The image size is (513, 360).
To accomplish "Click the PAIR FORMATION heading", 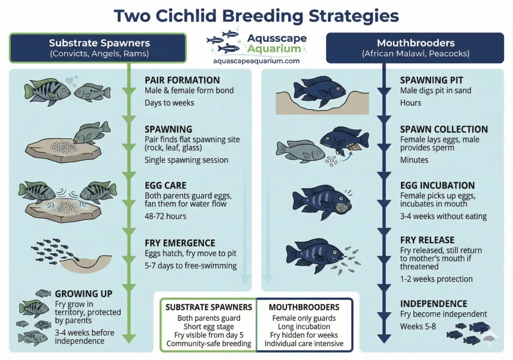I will click(182, 80).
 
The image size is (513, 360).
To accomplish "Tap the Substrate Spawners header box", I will click(98, 48).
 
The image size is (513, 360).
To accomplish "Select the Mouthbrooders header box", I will click(415, 48).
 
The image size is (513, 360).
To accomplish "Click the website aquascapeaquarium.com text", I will click(256, 61).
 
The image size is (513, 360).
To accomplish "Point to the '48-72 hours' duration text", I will click(165, 216).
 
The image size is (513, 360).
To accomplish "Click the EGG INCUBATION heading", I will click(437, 186).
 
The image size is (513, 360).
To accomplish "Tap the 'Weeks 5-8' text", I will click(417, 326).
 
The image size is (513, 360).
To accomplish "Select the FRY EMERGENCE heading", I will click(180, 243).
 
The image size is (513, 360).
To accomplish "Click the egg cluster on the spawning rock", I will click(64, 147).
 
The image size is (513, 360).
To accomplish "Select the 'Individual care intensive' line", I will click(304, 343).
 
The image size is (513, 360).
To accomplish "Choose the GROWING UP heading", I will click(84, 293).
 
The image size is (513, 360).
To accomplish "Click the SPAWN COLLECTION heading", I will click(444, 129).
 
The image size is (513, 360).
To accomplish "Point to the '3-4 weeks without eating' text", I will click(443, 216).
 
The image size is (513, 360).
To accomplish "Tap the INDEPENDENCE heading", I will click(433, 303).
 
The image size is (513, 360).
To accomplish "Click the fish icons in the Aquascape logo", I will click(224, 42).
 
